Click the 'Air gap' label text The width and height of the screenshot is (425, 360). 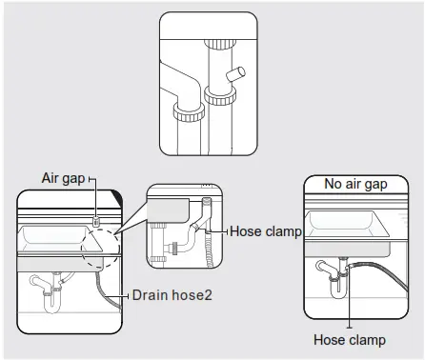64,178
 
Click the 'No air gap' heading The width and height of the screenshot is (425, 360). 354,184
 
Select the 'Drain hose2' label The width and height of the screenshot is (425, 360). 172,294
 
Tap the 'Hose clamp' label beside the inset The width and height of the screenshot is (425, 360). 266,231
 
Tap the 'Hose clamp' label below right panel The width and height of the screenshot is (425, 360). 350,340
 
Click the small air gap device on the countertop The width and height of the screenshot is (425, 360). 97,221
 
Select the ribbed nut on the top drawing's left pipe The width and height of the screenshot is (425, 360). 186,113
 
